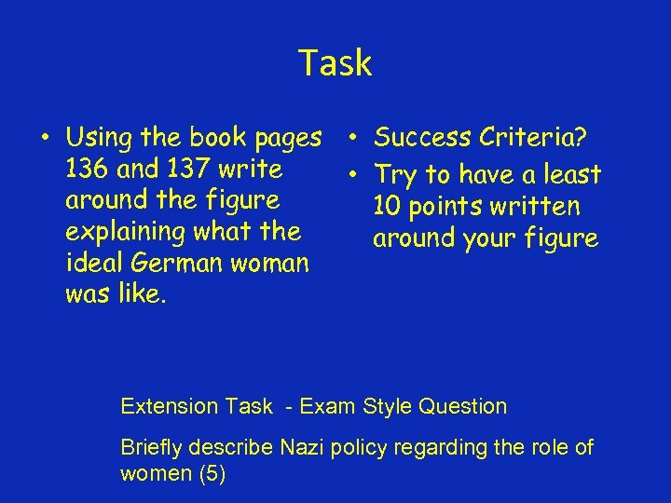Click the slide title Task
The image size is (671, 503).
(x=335, y=63)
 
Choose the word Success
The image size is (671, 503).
(x=422, y=139)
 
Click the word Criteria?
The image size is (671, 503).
(x=533, y=139)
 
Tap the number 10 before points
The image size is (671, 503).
(x=389, y=207)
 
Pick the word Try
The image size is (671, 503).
(x=395, y=175)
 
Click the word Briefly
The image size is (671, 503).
(x=152, y=448)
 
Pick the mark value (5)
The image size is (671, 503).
(x=212, y=473)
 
